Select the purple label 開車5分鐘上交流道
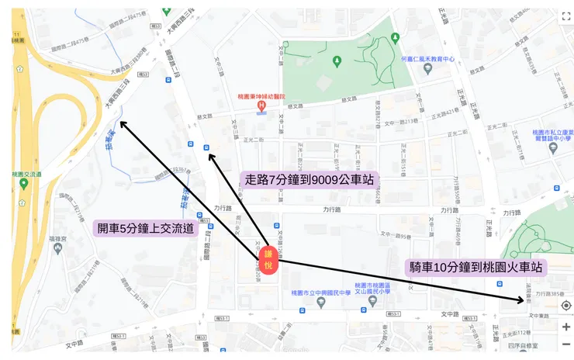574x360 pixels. tap(145, 229)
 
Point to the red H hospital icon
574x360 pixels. tap(261, 105)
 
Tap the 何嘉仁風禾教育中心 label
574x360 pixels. tap(427, 57)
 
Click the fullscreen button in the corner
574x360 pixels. tap(566, 16)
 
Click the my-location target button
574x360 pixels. tap(565, 306)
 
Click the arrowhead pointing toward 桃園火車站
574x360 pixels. tap(524, 300)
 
